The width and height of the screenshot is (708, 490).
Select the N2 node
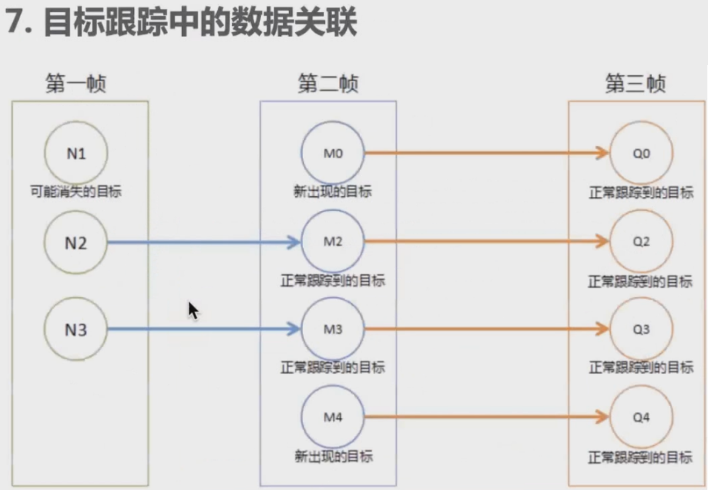pyautogui.click(x=76, y=241)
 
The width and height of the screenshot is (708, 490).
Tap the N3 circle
pyautogui.click(x=76, y=330)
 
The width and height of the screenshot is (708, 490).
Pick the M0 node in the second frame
pyautogui.click(x=333, y=153)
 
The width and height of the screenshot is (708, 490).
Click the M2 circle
pyautogui.click(x=333, y=241)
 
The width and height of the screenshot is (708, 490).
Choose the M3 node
pyautogui.click(x=333, y=330)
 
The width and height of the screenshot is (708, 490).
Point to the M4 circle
pyautogui.click(x=333, y=417)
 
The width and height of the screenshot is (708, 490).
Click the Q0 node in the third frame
pyautogui.click(x=641, y=153)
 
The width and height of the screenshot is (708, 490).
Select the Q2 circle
pyautogui.click(x=641, y=241)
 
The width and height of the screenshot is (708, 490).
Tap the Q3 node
pyautogui.click(x=641, y=330)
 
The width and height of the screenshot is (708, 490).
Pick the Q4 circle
pyautogui.click(x=641, y=417)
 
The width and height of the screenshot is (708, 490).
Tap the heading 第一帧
pyautogui.click(x=76, y=85)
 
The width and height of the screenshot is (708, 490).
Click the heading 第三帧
pyautogui.click(x=636, y=85)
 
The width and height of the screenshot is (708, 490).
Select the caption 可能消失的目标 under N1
pyautogui.click(x=76, y=192)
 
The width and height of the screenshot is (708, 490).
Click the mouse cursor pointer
pyautogui.click(x=193, y=310)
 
